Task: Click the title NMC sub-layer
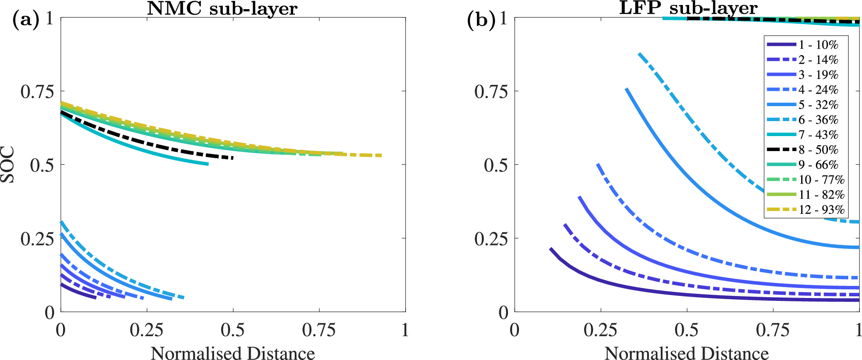[222, 8]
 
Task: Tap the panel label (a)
[26, 20]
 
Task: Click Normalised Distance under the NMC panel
[233, 353]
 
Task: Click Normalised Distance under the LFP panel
[686, 353]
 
